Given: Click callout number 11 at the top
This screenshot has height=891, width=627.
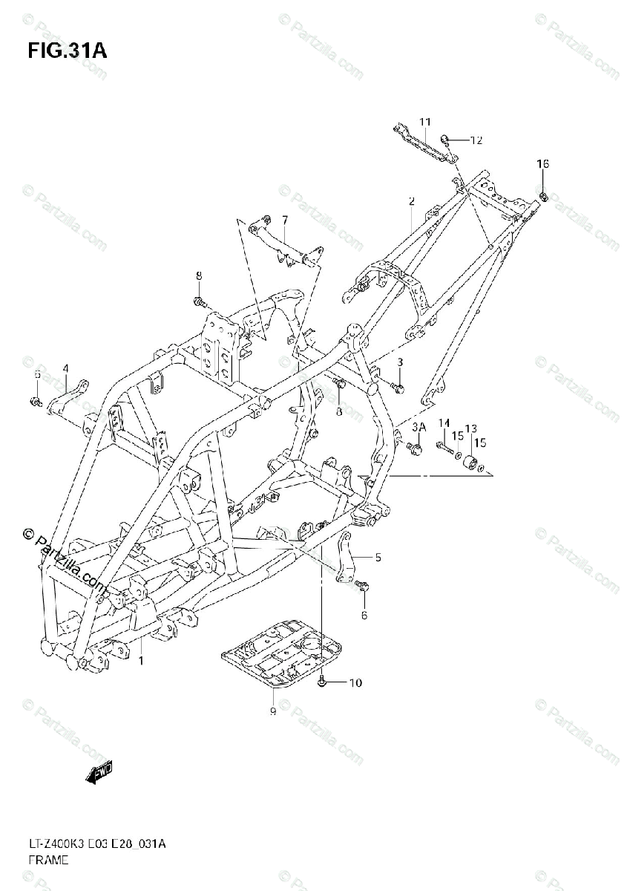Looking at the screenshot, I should tap(424, 122).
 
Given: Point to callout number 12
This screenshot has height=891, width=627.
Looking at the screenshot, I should tap(476, 140).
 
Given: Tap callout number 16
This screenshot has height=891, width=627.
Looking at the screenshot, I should tap(543, 164).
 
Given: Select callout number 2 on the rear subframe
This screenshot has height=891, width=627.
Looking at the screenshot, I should tap(411, 201).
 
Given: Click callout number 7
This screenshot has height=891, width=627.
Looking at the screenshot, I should tap(284, 220).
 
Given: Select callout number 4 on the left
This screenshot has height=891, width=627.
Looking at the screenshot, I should tap(65, 368).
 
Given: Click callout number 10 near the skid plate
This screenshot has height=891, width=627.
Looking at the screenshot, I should tap(355, 682).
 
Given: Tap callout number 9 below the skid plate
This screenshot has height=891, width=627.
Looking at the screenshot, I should tap(272, 711).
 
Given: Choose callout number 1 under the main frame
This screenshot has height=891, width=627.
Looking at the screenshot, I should tap(142, 659).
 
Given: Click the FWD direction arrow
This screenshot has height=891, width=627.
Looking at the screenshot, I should tap(99, 776).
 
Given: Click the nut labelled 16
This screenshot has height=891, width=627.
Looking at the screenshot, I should tap(544, 196).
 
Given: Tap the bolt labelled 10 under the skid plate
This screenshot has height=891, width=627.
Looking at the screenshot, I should tap(322, 682).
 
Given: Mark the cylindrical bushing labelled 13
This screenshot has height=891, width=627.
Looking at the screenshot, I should tap(470, 464).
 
